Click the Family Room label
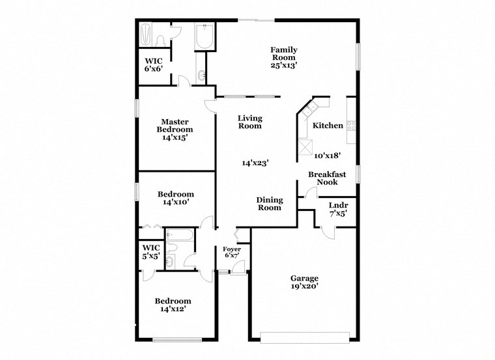click(x=284, y=57)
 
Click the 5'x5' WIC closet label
click(x=150, y=251)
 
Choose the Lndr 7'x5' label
click(x=337, y=208)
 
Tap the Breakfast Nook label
click(x=327, y=178)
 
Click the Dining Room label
click(x=269, y=204)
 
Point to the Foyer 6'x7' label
click(x=232, y=253)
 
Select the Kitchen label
click(x=328, y=125)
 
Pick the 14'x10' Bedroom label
click(x=176, y=199)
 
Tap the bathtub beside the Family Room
click(x=205, y=38)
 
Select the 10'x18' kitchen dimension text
click(x=328, y=156)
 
